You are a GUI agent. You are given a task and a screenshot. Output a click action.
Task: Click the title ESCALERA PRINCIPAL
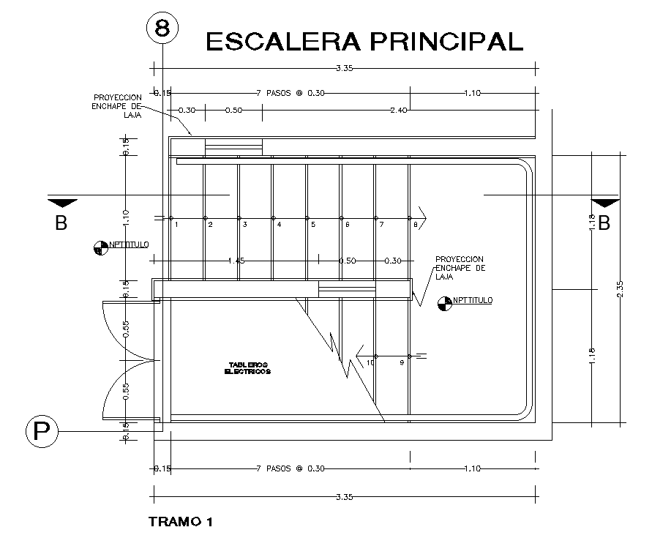click(364, 41)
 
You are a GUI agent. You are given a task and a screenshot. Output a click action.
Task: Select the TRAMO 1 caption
click(180, 522)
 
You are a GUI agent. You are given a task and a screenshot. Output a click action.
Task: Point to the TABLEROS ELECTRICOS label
click(248, 367)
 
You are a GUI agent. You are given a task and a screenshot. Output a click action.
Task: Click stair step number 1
click(176, 224)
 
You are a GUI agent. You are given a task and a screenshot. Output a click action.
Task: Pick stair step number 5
click(313, 224)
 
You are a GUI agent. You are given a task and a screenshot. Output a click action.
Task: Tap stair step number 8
click(416, 224)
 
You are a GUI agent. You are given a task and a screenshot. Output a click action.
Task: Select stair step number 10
click(370, 362)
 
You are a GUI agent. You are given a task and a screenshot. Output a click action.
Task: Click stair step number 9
click(401, 362)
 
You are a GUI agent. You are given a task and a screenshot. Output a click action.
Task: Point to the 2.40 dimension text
click(398, 111)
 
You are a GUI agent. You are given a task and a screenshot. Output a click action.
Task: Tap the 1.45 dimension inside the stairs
click(236, 261)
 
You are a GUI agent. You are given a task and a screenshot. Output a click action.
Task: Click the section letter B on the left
click(61, 224)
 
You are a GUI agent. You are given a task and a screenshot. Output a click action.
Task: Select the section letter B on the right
click(604, 224)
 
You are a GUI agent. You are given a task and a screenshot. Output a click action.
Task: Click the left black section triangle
click(61, 201)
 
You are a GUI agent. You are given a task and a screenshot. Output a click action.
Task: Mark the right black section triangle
click(604, 201)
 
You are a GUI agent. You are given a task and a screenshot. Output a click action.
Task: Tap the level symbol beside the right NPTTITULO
click(443, 302)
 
